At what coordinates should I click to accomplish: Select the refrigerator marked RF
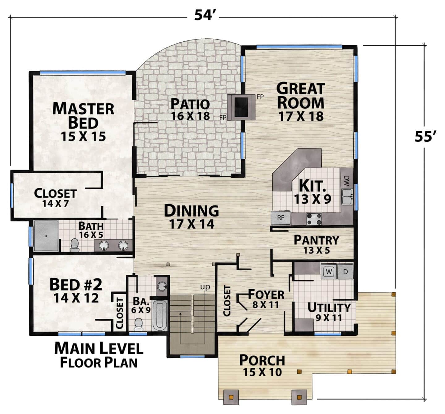pos(281,218)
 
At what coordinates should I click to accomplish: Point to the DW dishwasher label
pos(346,181)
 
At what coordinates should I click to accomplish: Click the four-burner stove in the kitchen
pos(314,219)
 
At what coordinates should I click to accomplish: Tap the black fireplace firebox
pos(241,107)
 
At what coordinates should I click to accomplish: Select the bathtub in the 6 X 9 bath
pos(159,316)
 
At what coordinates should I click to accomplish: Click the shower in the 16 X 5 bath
pos(46,236)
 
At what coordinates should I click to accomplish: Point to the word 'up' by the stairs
pos(205,287)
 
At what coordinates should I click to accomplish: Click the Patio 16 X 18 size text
pos(190,116)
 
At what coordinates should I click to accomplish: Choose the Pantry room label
pos(316,240)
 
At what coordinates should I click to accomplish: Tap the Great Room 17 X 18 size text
pos(301,116)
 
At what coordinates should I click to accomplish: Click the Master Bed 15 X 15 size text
pos(83,136)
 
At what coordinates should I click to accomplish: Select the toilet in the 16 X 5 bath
pos(74,245)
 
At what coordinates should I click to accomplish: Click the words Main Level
pos(99,348)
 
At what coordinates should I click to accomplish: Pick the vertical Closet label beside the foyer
pos(227,301)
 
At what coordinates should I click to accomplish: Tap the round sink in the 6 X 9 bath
pos(162,286)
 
